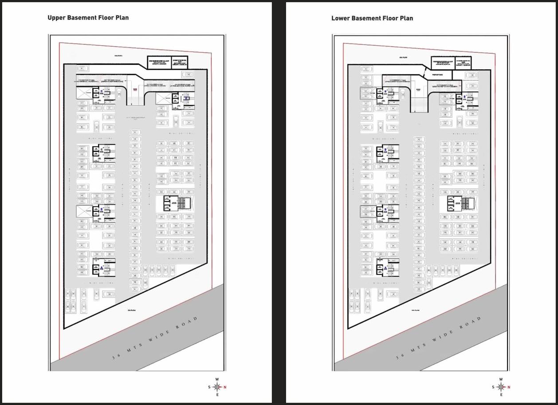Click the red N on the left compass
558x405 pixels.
(225, 387)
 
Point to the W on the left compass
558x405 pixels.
(217, 379)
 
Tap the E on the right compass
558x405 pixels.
(501, 395)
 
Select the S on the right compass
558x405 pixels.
(493, 387)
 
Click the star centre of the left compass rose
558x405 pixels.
(217, 387)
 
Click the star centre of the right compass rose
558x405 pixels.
(501, 387)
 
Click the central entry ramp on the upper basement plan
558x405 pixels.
(136, 91)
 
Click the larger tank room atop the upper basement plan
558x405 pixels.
(158, 62)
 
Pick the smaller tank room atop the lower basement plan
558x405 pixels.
(461, 63)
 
